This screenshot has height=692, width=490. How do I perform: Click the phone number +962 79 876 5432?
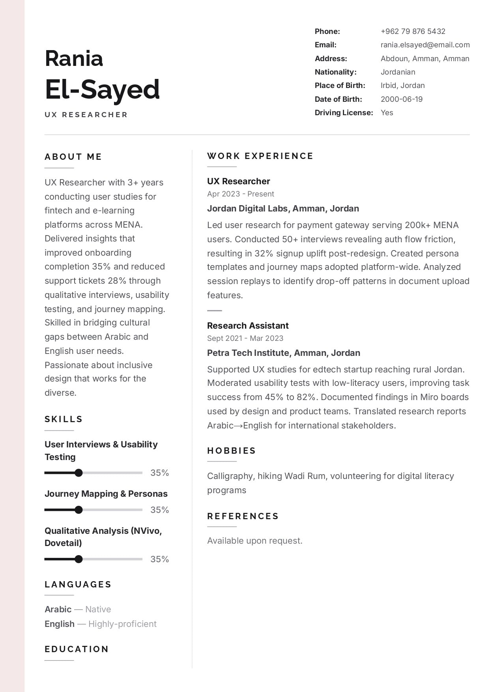click(413, 31)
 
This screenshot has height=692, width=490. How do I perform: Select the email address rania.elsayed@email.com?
click(425, 45)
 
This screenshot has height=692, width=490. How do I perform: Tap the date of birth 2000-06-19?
click(401, 99)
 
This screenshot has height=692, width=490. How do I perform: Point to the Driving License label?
click(344, 113)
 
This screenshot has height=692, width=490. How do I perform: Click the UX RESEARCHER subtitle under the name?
click(86, 115)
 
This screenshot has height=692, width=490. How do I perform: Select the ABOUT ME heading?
click(73, 157)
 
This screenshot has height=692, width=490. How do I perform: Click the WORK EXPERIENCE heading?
click(260, 156)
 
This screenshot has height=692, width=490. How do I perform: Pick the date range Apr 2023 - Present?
click(240, 194)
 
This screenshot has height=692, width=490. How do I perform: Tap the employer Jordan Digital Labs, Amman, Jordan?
click(283, 208)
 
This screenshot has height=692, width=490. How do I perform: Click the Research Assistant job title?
click(248, 325)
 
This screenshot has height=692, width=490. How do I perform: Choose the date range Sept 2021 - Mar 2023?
click(245, 338)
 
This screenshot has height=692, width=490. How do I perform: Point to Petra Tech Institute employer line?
click(283, 353)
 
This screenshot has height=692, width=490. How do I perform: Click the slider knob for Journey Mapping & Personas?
click(79, 510)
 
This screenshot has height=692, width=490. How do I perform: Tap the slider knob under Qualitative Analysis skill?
click(79, 559)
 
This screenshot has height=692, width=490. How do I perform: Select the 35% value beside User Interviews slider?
click(159, 473)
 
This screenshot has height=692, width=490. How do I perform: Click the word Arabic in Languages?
click(58, 609)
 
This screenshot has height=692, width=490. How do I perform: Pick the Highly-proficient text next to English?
click(122, 624)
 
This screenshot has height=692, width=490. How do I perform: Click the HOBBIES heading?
click(231, 451)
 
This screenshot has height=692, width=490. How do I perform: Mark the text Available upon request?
click(254, 541)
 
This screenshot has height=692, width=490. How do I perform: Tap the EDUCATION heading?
click(77, 649)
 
